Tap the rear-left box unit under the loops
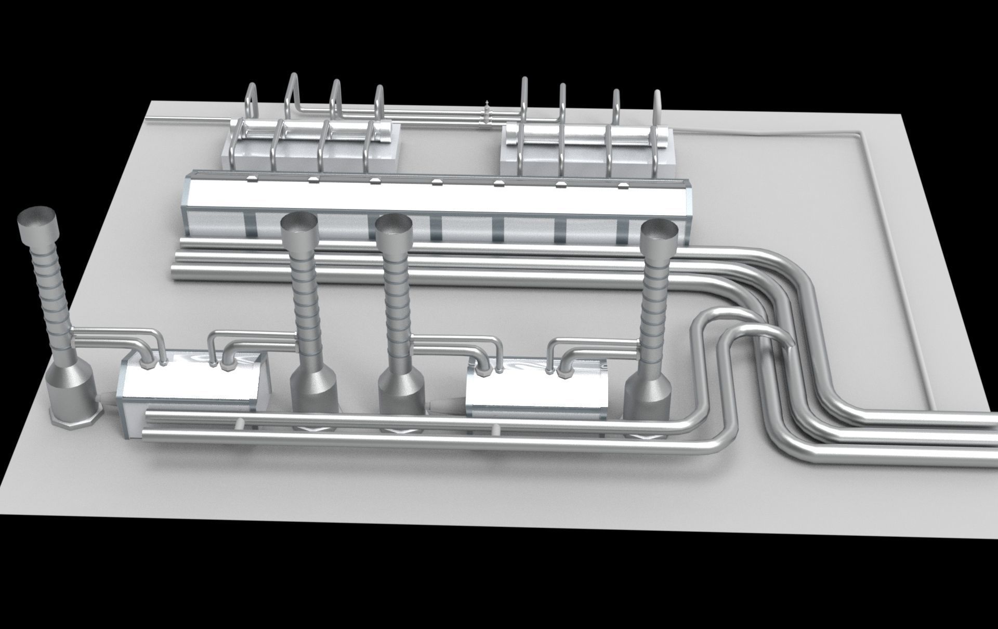pyautogui.click(x=312, y=148)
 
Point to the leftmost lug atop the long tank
pyautogui.click(x=252, y=178)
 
